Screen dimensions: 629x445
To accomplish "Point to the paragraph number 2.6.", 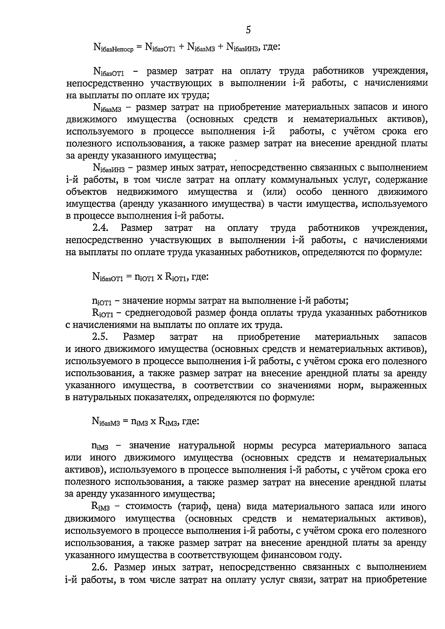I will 100,567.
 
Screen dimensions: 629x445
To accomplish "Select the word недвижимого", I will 147,192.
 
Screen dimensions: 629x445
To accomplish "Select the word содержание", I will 401,180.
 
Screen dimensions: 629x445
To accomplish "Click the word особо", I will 309,192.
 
